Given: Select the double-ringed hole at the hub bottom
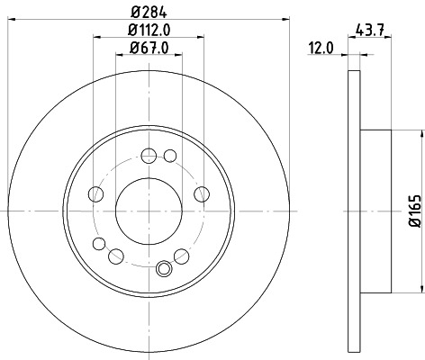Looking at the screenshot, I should (164, 267).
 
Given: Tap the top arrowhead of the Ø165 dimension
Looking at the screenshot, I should (420, 133).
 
